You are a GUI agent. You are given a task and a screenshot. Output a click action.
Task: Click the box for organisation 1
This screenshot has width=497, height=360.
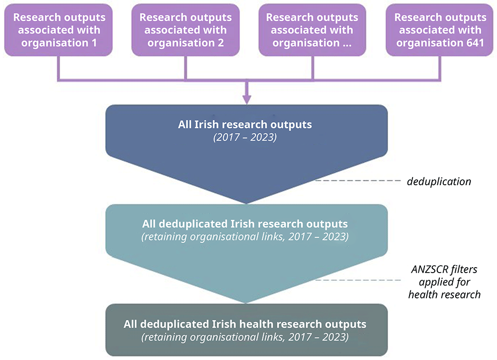coord(59,30)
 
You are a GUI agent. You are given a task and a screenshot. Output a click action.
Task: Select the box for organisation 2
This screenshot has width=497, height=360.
coord(185,30)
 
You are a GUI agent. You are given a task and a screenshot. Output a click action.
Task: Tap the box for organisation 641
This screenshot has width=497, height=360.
coord(440,30)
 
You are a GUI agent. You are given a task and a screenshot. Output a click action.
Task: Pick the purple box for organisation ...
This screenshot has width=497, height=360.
coord(312,30)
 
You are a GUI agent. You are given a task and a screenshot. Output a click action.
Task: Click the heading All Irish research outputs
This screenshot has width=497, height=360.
coord(245,125)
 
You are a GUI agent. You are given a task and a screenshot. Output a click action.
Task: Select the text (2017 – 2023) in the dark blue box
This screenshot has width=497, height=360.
coord(245,137)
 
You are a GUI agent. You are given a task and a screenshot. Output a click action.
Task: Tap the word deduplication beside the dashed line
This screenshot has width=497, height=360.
coord(439,181)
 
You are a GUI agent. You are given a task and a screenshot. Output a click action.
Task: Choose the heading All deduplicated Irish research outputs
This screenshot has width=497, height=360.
coord(245,223)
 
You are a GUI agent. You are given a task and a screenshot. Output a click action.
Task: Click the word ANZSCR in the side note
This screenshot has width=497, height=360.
coord(425,270)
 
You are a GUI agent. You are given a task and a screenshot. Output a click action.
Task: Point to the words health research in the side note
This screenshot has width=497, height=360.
coord(444,294)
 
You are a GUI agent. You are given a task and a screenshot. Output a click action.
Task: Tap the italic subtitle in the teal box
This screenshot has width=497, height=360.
coord(245,236)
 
